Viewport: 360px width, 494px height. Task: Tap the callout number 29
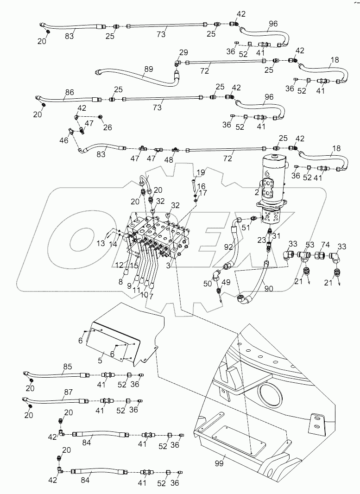[183, 52]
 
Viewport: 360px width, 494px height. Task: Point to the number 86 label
[69, 93]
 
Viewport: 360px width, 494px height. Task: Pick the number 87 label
[68, 392]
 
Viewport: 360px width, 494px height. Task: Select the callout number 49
[226, 283]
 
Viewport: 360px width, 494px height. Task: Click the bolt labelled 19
[192, 185]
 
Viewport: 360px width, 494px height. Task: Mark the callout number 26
[107, 128]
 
